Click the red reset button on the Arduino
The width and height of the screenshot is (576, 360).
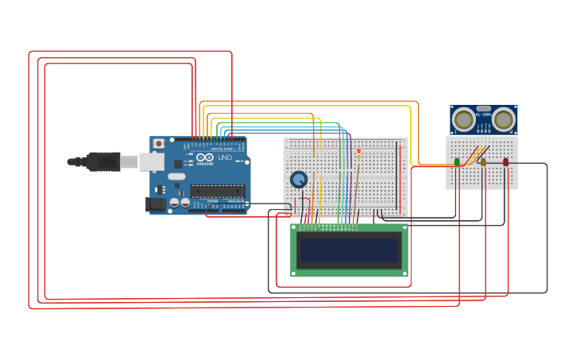tap(159, 144)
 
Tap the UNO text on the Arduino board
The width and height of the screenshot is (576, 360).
tap(225, 158)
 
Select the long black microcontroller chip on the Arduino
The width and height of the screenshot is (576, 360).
tap(217, 191)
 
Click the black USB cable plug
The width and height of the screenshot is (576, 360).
tap(103, 161)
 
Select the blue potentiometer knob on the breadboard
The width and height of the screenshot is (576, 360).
tap(299, 180)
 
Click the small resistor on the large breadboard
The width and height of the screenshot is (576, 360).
tap(358, 153)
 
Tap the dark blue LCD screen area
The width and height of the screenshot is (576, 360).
tap(350, 250)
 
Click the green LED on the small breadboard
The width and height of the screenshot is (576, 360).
tap(457, 162)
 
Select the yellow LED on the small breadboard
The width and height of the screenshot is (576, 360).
tap(482, 162)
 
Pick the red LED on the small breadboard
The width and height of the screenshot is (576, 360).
tap(505, 162)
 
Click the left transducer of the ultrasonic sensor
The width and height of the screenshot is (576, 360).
tap(463, 120)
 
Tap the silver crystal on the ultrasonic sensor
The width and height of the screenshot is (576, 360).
tap(483, 108)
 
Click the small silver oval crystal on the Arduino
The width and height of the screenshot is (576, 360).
tap(176, 176)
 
